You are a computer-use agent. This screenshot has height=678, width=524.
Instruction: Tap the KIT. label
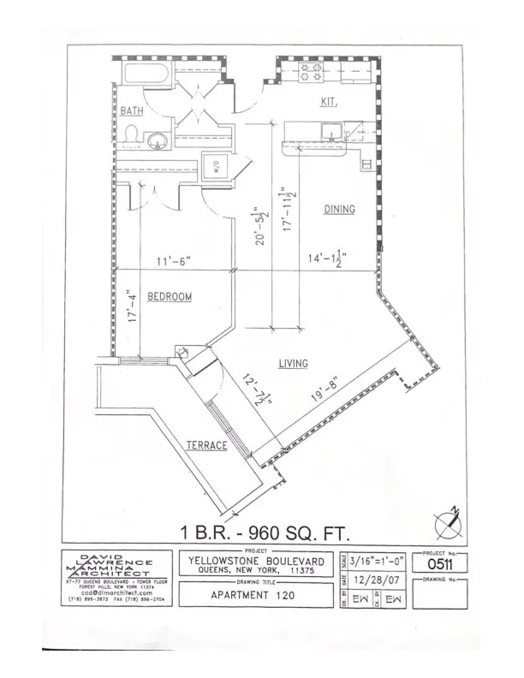tap(329, 102)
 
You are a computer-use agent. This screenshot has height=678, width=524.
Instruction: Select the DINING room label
tap(339, 209)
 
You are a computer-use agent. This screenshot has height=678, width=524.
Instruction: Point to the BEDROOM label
tap(169, 297)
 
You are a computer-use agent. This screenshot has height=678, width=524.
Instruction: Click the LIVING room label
tap(293, 364)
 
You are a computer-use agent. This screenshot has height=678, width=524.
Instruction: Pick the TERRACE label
tap(207, 445)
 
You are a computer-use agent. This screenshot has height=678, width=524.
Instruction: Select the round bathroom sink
tap(157, 140)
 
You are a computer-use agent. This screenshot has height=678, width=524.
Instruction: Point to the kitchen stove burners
tap(309, 72)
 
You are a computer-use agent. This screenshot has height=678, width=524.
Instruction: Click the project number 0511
tap(440, 564)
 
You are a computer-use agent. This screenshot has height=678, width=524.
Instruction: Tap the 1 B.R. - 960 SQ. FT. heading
tap(265, 532)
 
